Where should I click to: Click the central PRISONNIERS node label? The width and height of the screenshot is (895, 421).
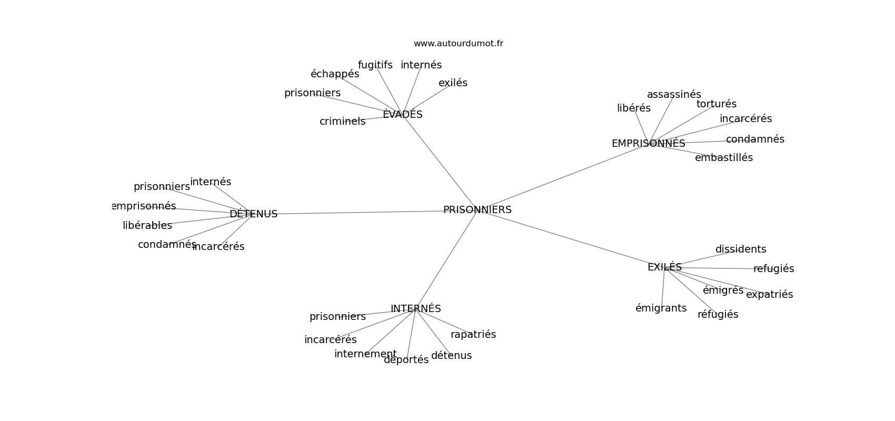tap(477, 209)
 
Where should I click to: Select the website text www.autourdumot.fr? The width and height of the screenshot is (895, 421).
tap(458, 44)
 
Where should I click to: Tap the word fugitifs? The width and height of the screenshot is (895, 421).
tap(375, 65)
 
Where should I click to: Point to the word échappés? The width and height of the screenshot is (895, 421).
tap(335, 74)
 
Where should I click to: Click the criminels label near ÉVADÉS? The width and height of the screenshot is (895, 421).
tap(342, 122)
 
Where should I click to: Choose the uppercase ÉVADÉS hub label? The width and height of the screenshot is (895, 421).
tap(402, 114)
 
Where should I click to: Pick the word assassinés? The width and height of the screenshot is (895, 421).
tap(674, 95)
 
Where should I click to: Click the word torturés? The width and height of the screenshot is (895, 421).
tap(717, 104)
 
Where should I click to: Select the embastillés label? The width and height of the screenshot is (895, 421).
tap(723, 158)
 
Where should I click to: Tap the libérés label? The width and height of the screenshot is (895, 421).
tap(634, 108)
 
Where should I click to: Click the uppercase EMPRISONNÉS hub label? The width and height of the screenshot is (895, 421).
tap(648, 143)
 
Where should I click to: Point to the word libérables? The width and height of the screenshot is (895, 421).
tap(147, 226)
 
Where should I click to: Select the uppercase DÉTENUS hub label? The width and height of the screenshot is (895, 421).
tap(253, 214)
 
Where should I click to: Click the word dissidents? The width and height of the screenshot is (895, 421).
tap(741, 249)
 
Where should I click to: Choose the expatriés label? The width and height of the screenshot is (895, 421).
tap(770, 295)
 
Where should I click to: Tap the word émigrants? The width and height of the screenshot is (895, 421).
tap(661, 308)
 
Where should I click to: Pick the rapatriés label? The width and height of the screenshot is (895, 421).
tap(473, 335)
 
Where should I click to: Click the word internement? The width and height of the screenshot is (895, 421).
tap(365, 354)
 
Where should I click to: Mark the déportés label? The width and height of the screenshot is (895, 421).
tap(406, 360)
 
